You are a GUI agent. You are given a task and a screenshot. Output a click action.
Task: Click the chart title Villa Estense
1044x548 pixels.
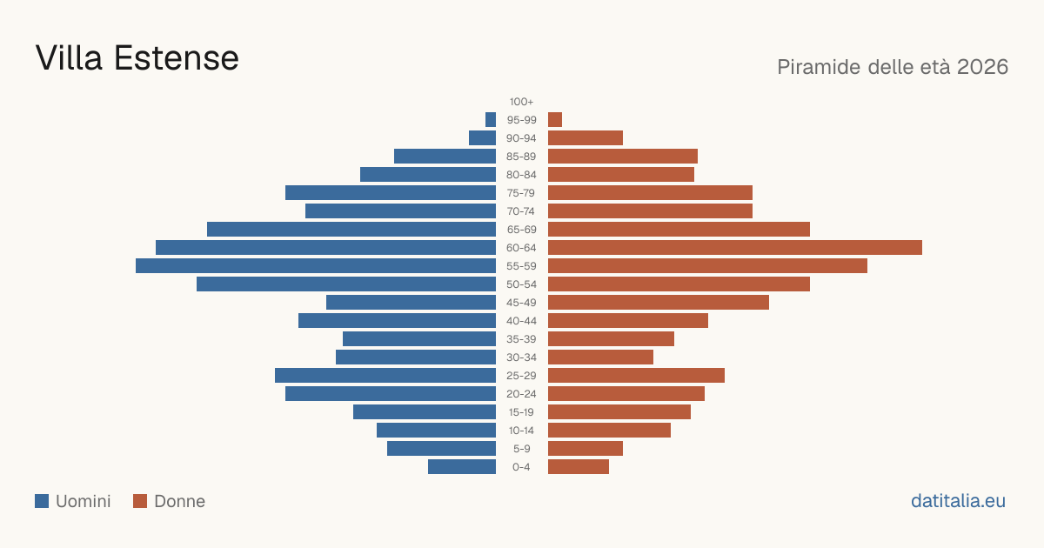coord(137,57)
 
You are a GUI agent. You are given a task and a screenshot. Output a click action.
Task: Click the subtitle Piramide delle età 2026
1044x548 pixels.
coord(893,67)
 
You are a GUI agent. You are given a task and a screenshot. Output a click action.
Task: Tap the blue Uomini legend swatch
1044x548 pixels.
coord(42,501)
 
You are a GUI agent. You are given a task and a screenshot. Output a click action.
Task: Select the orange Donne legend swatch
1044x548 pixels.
coord(140,501)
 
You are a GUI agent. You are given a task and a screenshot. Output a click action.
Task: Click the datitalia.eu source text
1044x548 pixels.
coord(958,501)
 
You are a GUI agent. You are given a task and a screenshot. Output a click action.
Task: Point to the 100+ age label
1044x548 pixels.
coord(521,102)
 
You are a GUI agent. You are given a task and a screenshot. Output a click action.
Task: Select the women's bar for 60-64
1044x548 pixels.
coord(735,247)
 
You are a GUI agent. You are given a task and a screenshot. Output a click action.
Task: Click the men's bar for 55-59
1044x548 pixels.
coord(316,265)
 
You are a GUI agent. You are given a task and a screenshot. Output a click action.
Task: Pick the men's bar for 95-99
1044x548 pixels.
coord(491,120)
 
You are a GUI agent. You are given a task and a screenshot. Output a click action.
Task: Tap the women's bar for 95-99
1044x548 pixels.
coord(555,120)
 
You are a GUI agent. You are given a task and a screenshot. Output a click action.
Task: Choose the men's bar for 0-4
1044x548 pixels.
coord(462,467)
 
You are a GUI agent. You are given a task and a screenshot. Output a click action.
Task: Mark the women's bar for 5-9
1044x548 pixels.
coord(586,448)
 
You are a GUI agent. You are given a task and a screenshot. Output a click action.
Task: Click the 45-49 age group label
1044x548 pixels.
coord(521,303)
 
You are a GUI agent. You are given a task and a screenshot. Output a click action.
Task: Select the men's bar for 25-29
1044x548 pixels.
coord(385,376)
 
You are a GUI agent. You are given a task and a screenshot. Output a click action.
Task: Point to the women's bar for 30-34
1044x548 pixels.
coord(601,357)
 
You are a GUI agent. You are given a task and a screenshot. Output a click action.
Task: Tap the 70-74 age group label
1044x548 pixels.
coord(521,211)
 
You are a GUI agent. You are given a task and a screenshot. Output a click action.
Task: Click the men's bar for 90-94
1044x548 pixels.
coord(482,138)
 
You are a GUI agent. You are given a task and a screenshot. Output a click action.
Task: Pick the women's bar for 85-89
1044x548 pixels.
coord(623,156)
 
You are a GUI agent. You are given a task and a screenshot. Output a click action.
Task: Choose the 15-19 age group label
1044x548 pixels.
coord(521,412)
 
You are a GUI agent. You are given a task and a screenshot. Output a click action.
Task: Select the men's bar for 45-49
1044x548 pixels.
coord(411,303)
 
